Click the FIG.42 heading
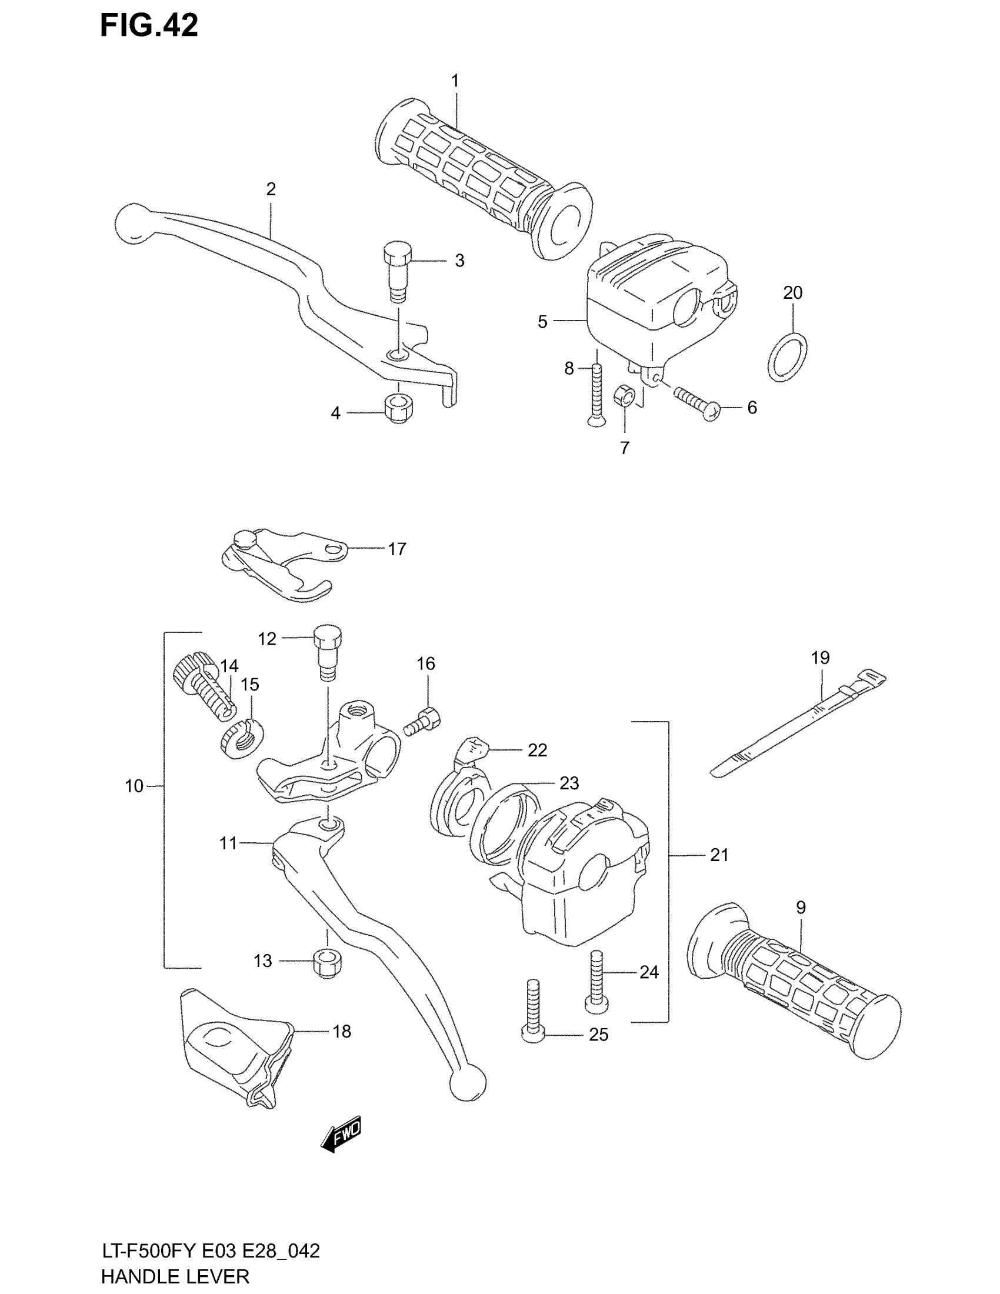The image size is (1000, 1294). pos(149,26)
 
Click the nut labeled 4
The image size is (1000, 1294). pos(398,408)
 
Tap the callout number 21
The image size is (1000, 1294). pos(719,855)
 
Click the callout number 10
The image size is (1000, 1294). pos(134,786)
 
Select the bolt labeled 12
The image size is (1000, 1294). pos(327,655)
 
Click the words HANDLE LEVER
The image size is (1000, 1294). pos(175,1276)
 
